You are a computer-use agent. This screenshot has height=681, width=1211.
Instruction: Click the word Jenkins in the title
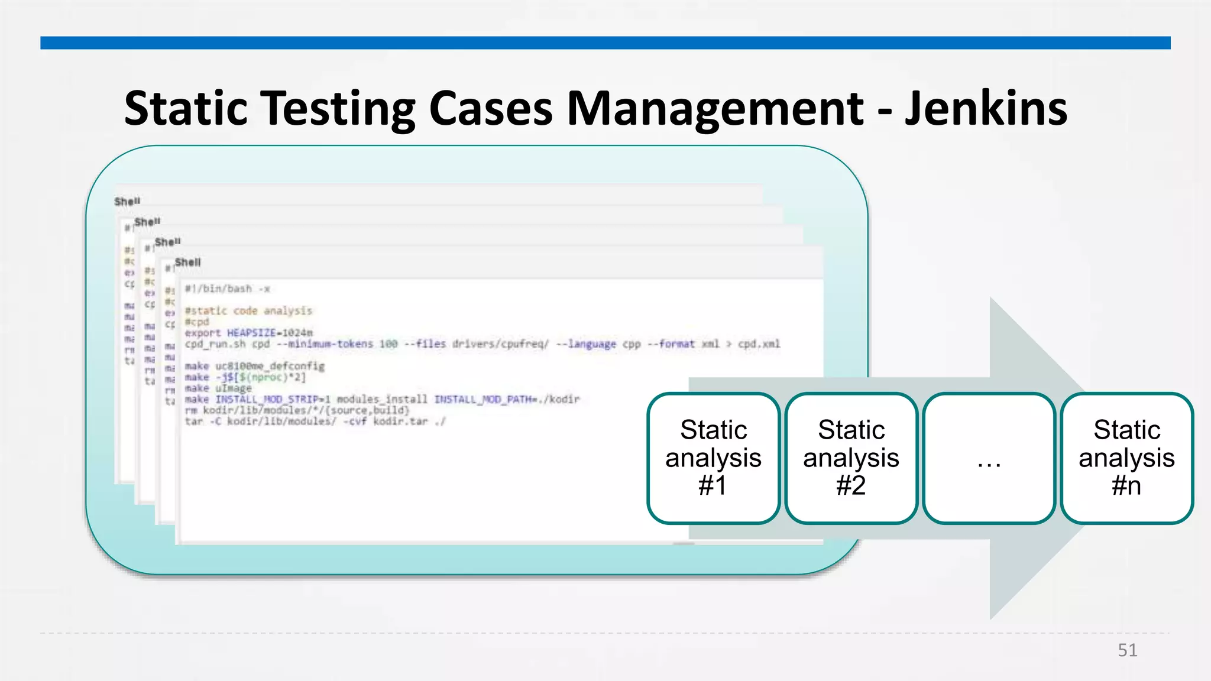[986, 109]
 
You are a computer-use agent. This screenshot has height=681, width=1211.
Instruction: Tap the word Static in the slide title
[186, 109]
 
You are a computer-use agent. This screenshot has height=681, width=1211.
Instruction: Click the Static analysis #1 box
[713, 458]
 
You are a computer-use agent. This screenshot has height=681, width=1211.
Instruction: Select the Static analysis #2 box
[851, 458]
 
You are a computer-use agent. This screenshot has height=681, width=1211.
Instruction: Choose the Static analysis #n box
[1126, 458]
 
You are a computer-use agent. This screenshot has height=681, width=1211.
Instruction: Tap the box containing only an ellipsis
[989, 458]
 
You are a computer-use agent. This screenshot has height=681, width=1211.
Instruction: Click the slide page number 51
[1127, 650]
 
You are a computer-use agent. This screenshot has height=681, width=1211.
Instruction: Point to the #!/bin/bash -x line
[228, 289]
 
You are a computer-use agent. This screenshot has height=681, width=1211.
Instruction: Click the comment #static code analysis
[248, 311]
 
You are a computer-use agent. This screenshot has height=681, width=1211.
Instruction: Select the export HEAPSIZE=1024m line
[248, 333]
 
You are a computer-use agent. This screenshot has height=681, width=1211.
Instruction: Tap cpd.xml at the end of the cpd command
[759, 344]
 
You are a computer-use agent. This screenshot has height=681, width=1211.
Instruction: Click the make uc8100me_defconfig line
[254, 367]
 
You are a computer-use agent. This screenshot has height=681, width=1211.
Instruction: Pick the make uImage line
[218, 388]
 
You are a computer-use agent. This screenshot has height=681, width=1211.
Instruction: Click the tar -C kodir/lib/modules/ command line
[315, 421]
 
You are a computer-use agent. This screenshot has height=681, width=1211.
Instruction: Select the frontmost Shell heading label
[188, 262]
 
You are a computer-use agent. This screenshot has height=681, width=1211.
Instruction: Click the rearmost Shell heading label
[127, 202]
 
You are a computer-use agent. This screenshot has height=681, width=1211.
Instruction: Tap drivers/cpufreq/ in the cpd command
[500, 344]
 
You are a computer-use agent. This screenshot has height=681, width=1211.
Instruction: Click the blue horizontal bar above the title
[605, 43]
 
